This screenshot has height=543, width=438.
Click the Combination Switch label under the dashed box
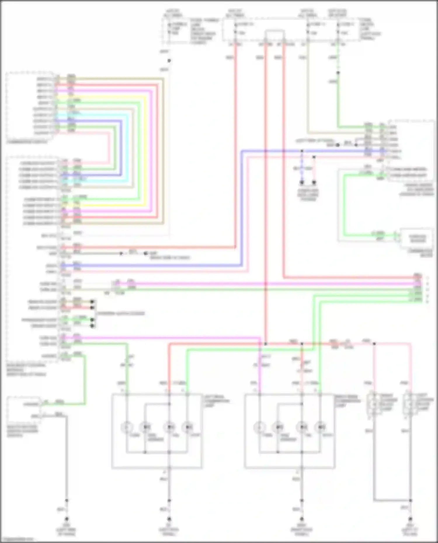coord(27,142)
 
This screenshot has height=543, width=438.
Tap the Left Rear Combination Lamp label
coord(217,401)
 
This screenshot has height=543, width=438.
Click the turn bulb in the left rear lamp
coord(127,427)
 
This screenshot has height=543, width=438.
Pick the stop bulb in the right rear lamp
coord(320,427)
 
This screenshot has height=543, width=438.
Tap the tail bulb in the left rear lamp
coord(169,427)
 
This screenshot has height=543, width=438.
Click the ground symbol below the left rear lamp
coord(169,519)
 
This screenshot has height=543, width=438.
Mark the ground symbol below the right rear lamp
coord(302,519)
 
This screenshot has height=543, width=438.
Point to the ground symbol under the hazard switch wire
coord(67,519)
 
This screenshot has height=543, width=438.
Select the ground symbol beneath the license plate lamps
coord(410,519)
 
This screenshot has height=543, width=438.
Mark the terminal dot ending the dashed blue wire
coord(302,182)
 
